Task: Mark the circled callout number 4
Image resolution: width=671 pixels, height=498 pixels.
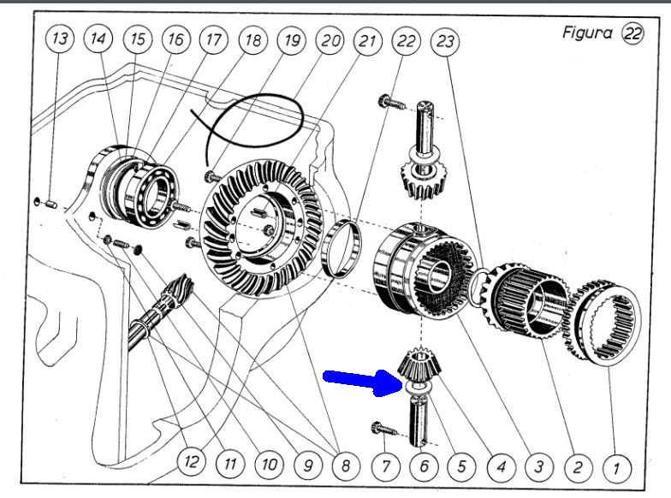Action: (x=500, y=468)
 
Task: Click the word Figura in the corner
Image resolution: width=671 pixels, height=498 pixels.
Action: (x=587, y=33)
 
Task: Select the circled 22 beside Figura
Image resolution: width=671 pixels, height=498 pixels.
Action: (x=633, y=33)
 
